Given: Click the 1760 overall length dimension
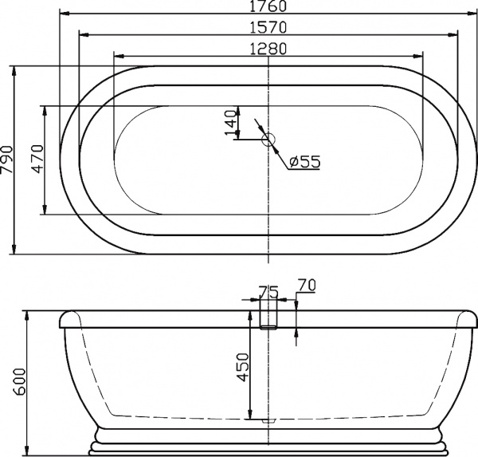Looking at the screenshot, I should pyautogui.click(x=268, y=7).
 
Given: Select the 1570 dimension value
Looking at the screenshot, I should pyautogui.click(x=268, y=27).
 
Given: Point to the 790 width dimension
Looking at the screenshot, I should pyautogui.click(x=7, y=160).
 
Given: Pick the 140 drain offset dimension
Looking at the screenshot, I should pyautogui.click(x=232, y=124).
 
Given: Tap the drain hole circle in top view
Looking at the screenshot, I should pyautogui.click(x=268, y=140).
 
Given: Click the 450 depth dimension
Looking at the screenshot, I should pyautogui.click(x=243, y=368).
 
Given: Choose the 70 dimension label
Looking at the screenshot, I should pyautogui.click(x=307, y=285).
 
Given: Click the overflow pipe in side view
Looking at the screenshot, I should pyautogui.click(x=268, y=316).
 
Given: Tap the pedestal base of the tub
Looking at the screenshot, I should pyautogui.click(x=268, y=439).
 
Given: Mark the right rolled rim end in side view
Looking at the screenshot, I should pyautogui.click(x=468, y=321).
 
